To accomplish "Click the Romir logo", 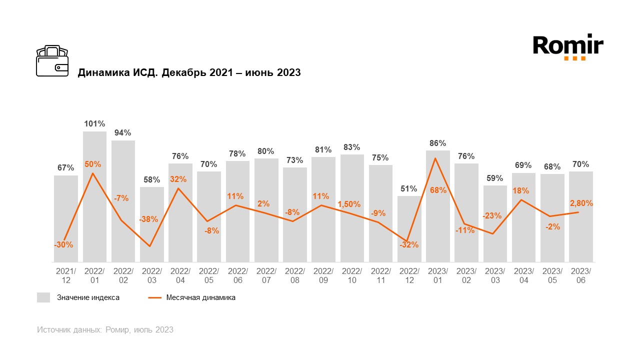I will [568, 46].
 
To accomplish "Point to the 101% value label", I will [94, 123].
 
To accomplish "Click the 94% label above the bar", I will [123, 132].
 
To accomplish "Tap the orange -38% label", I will [148, 219].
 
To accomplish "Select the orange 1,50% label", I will [349, 203].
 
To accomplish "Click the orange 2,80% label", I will [581, 203].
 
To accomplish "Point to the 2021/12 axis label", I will [66, 275].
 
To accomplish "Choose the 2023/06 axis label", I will [581, 275].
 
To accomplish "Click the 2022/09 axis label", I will [323, 275].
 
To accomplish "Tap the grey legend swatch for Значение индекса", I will [43, 297].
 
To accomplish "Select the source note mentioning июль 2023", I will [105, 329].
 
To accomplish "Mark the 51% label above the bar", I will [409, 188].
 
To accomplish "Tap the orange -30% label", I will [63, 245].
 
